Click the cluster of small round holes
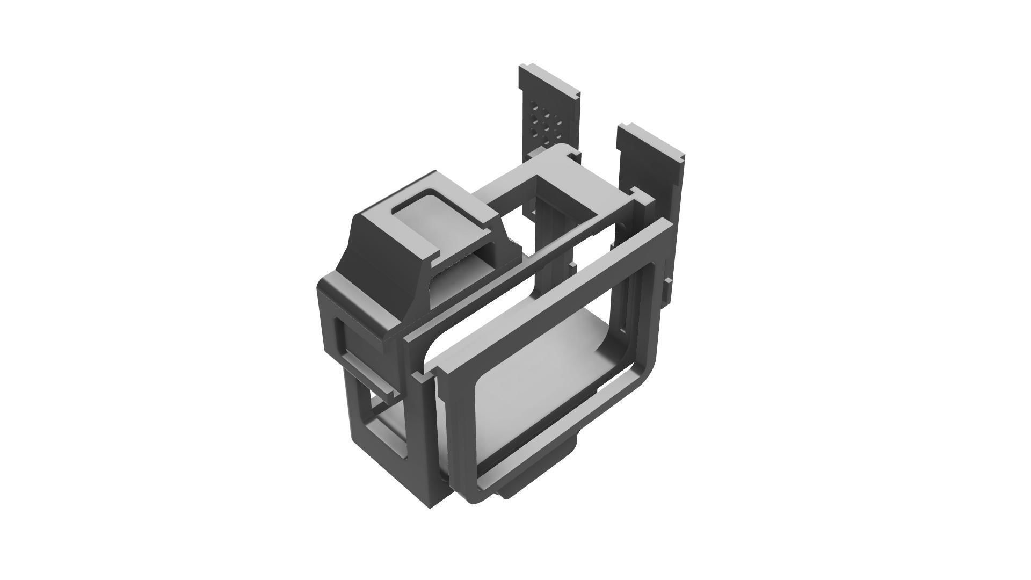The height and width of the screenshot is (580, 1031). tap(544, 122)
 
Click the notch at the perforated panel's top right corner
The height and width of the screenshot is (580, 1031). tap(576, 96)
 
